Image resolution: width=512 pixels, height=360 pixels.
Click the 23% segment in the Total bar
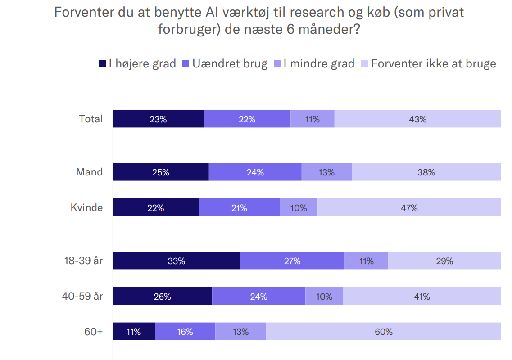click(x=158, y=119)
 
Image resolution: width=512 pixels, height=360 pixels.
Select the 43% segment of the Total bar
click(x=417, y=119)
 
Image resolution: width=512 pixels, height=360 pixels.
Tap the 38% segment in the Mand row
click(x=426, y=172)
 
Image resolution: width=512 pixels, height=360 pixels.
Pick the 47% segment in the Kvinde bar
click(x=409, y=208)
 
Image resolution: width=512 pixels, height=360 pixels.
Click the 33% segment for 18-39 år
click(x=176, y=261)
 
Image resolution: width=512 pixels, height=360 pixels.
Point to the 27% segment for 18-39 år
click(x=292, y=261)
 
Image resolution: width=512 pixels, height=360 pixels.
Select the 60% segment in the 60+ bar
click(x=383, y=332)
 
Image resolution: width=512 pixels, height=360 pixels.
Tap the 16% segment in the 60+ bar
click(x=185, y=332)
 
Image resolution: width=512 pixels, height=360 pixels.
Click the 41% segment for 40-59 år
click(x=422, y=297)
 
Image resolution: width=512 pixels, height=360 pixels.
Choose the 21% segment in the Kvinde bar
click(x=239, y=208)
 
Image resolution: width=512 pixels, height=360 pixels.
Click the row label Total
click(x=91, y=119)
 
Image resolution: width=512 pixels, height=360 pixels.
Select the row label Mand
click(x=89, y=172)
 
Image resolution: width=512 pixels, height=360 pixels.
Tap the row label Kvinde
click(x=86, y=208)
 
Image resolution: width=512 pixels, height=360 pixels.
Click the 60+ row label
click(x=94, y=332)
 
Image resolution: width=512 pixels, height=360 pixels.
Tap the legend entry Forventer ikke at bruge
click(x=433, y=64)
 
